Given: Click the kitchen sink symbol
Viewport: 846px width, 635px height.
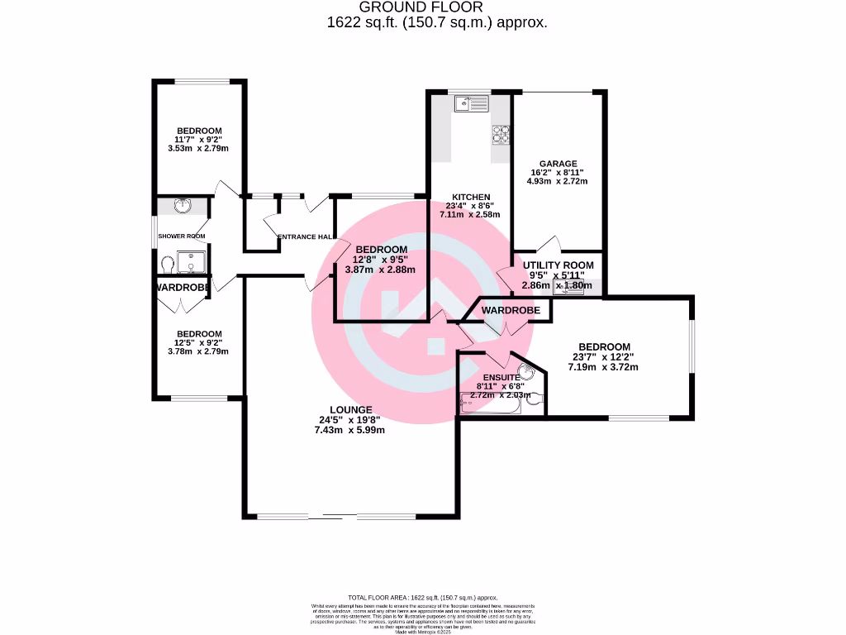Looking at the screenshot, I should [472, 103].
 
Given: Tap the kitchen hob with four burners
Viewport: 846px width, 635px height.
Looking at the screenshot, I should [501, 133].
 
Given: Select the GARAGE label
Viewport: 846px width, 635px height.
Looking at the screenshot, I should [558, 164].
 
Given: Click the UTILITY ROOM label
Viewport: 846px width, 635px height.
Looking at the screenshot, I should [558, 265].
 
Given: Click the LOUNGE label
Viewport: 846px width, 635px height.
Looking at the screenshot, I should [350, 409].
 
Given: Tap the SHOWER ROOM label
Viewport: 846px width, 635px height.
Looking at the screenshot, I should [182, 236].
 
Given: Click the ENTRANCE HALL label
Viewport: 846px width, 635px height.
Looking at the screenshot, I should [304, 237].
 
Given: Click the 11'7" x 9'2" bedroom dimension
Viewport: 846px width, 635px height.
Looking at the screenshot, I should [198, 140].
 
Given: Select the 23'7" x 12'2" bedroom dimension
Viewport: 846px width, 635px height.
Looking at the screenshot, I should [604, 357].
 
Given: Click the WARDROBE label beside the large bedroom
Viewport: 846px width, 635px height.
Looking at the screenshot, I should [511, 310].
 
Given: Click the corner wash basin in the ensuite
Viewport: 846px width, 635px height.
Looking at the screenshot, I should [525, 373].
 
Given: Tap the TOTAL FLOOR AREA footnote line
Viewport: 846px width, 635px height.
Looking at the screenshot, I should [422, 597].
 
